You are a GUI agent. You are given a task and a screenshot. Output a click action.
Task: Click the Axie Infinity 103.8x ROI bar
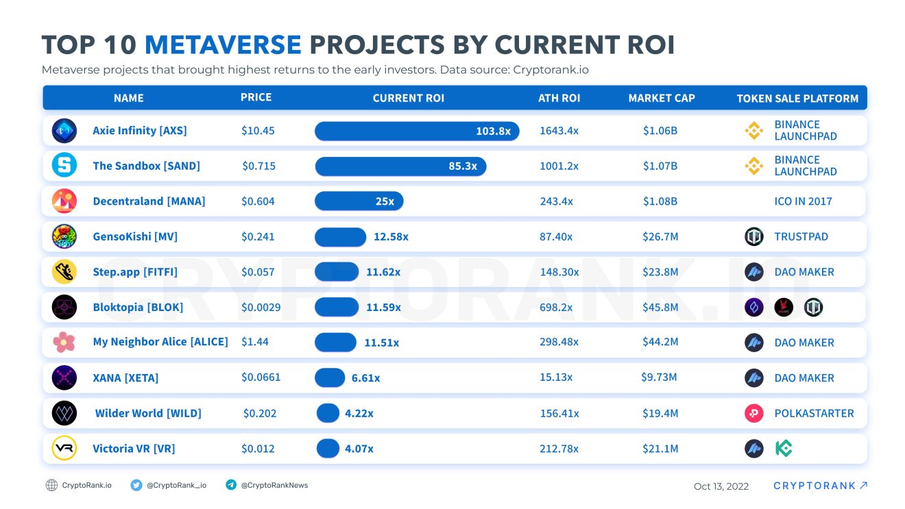pos(416,131)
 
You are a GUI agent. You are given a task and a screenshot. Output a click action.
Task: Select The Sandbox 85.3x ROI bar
pos(400,166)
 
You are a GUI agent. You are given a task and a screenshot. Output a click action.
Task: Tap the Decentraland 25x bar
pos(359,201)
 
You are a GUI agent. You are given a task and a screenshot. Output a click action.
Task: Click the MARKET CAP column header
pos(661,98)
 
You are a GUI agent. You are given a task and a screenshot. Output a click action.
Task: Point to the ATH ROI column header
pos(559,98)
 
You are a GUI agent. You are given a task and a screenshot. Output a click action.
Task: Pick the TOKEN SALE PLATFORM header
pos(797,99)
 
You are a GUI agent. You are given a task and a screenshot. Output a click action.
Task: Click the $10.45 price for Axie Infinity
pos(258,130)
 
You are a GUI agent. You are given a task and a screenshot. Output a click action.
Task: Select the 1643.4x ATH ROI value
pos(559,130)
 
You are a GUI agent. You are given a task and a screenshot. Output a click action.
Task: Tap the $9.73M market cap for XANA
pos(659,377)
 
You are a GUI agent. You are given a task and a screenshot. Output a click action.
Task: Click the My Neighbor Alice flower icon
pos(64,342)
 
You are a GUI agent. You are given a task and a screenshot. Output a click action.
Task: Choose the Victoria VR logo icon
pos(64,448)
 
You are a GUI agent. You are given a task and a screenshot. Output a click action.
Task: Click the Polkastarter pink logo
pos(753,413)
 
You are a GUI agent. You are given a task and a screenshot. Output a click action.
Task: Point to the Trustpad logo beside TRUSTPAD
pos(753,236)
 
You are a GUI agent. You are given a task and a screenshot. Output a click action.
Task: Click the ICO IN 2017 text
pos(803,201)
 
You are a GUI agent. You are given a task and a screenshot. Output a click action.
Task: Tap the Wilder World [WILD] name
pos(148,413)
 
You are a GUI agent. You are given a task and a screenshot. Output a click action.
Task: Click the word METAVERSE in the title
pos(223,45)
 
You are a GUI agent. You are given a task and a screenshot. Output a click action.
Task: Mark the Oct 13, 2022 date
pos(721,486)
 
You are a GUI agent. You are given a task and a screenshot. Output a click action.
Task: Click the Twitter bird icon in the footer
pos(136,485)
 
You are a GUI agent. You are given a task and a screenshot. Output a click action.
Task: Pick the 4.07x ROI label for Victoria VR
pos(359,449)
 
